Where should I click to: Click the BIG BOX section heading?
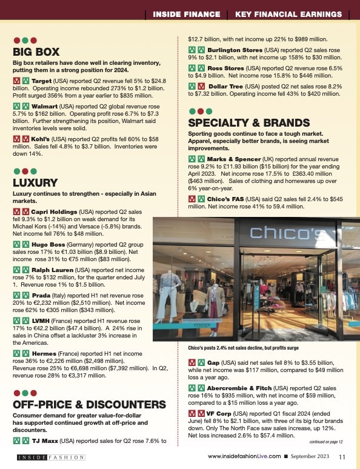point(36,52)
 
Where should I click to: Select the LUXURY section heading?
point(35,182)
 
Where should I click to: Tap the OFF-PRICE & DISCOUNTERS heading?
point(89,404)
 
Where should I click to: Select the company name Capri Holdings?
point(60,212)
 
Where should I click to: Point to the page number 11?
point(342,457)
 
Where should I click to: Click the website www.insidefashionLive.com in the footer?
point(244,456)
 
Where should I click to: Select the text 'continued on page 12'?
point(325,442)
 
